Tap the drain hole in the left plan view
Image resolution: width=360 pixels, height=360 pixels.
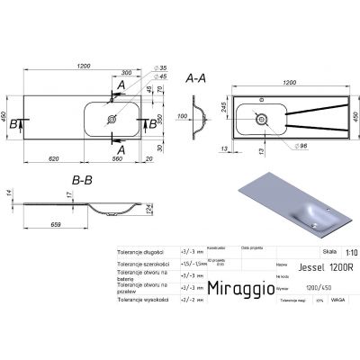click(111, 117)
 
